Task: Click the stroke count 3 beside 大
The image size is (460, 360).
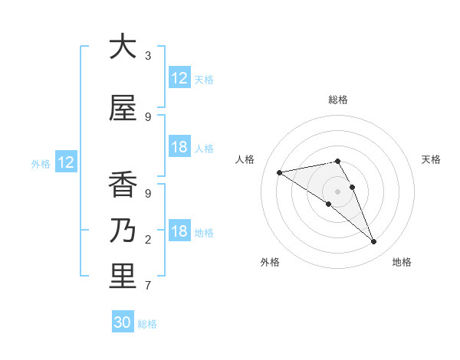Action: coord(148,56)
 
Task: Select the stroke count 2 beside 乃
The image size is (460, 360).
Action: coord(148,240)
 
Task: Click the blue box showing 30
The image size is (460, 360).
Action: coord(123,322)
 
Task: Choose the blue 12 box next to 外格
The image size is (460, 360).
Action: coord(65,162)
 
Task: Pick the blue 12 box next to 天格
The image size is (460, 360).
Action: coord(179,78)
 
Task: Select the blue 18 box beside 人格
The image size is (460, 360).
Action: coord(179,148)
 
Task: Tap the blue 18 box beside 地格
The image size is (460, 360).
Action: coord(179,232)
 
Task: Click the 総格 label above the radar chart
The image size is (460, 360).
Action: coord(338,100)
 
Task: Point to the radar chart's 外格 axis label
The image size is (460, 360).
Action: coord(270,262)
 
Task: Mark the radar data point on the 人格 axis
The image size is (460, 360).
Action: coord(280,172)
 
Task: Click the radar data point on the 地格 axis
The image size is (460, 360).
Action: coord(374,242)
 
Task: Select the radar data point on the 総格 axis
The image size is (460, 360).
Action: coord(338,161)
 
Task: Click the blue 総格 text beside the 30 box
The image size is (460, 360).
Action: coord(147,324)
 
